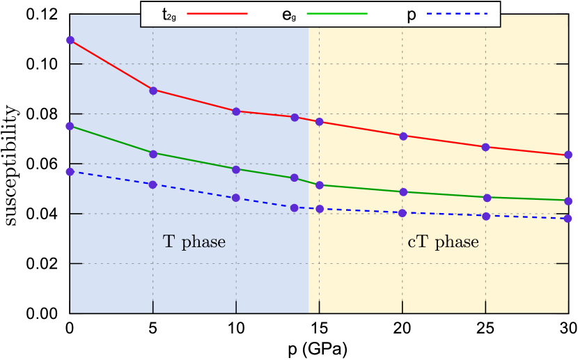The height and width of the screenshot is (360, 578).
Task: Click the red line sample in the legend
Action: (217, 13)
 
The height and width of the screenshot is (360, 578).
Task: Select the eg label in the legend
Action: (288, 14)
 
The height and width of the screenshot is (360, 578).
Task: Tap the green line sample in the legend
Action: (337, 13)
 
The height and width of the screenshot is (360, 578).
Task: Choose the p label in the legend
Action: (411, 14)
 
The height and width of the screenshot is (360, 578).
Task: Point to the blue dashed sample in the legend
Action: (458, 13)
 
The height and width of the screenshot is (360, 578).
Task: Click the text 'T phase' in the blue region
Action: (194, 242)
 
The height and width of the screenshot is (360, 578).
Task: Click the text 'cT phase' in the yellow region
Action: (443, 242)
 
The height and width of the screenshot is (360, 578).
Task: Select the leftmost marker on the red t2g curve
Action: (70, 40)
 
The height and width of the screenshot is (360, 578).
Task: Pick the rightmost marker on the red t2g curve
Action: (568, 155)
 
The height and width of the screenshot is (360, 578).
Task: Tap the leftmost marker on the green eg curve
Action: (70, 126)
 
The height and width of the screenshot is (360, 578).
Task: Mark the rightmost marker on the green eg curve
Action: (568, 201)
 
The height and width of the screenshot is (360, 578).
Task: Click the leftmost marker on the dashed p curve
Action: (70, 172)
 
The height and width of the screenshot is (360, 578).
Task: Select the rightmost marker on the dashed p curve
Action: (568, 219)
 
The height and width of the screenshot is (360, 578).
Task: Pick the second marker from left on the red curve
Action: (153, 91)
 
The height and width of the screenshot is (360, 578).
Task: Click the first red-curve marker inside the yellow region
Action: (319, 122)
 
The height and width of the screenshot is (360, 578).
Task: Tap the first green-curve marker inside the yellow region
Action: (319, 185)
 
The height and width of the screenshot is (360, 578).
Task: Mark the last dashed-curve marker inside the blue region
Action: (295, 208)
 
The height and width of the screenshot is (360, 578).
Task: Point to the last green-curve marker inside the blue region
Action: (295, 178)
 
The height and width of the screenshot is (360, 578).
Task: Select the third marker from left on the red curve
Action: (236, 111)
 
